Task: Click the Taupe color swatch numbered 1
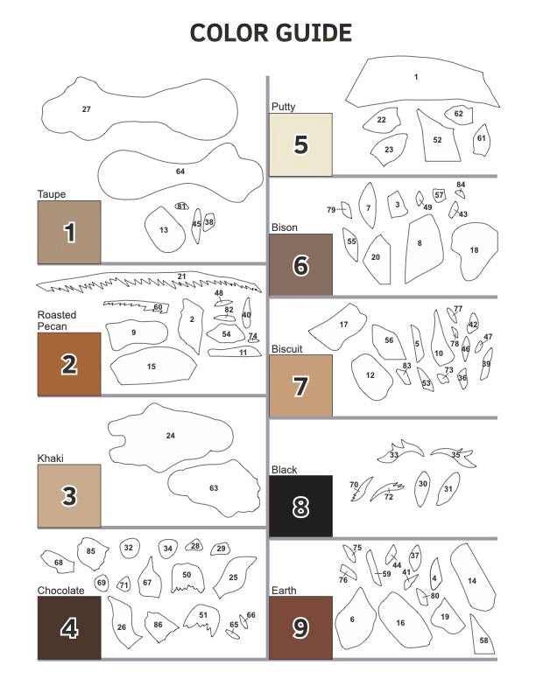point(69,232)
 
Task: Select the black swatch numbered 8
point(300,506)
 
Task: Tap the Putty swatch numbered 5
point(300,144)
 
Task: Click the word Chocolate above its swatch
point(61,591)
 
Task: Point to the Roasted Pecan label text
point(57,320)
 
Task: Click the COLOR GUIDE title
point(272,33)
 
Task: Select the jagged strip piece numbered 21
point(149,284)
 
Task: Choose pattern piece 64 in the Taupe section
point(180,171)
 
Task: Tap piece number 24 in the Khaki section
point(171,436)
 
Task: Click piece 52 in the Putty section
point(438,138)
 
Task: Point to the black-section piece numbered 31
point(448,489)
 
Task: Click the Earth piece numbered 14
point(472,581)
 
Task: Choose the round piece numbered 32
point(129,548)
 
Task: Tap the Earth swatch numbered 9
point(300,626)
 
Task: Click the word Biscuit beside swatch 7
point(287,348)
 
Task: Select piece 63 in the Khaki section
point(213,487)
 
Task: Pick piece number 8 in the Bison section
point(421,245)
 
